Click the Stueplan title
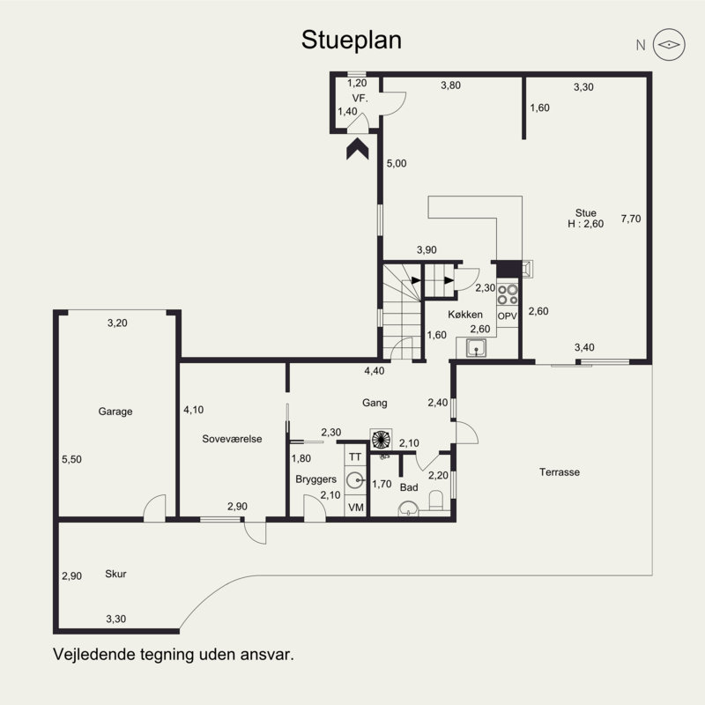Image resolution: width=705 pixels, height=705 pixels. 351,41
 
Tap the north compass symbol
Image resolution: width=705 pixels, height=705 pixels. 669,45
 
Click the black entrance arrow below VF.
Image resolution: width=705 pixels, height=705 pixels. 358,149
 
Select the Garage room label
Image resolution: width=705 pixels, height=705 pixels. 115,412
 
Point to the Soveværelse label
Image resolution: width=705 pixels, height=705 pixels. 232,439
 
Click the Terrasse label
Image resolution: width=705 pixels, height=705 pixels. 560,472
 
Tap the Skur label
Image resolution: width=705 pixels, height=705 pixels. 115,574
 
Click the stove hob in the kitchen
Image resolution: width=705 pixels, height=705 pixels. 508,294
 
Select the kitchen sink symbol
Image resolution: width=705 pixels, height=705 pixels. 476,348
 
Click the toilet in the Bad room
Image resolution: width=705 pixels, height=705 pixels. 436,501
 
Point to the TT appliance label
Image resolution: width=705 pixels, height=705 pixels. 355,457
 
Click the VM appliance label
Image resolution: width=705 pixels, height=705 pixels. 356,508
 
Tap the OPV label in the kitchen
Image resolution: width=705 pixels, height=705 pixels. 508,316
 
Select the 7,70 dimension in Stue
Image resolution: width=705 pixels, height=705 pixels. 631,219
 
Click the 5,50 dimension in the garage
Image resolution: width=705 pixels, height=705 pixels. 72,459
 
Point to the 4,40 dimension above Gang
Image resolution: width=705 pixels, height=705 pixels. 374,371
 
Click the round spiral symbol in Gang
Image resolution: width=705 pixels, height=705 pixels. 381,439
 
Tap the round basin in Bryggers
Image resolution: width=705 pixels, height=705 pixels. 356,480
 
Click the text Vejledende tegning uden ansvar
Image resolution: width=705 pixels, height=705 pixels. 174,654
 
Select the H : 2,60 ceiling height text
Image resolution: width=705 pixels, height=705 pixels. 585,224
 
